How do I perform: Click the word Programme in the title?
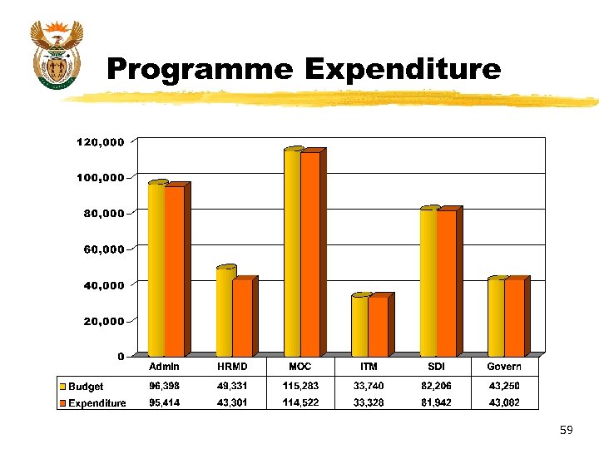tap(199, 70)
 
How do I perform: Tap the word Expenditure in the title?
tap(403, 70)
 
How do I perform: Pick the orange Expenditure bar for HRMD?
tap(242, 318)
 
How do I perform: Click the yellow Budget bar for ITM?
tap(359, 325)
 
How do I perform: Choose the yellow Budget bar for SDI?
tap(428, 282)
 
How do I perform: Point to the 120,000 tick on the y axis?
tap(101, 142)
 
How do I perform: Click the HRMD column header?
tap(232, 367)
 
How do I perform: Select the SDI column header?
tap(436, 367)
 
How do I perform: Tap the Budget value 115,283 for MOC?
tap(300, 386)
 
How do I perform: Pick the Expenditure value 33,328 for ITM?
tap(368, 403)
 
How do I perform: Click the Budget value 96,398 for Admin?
tap(164, 386)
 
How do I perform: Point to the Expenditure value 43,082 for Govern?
tap(504, 403)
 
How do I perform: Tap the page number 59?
tap(567, 430)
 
